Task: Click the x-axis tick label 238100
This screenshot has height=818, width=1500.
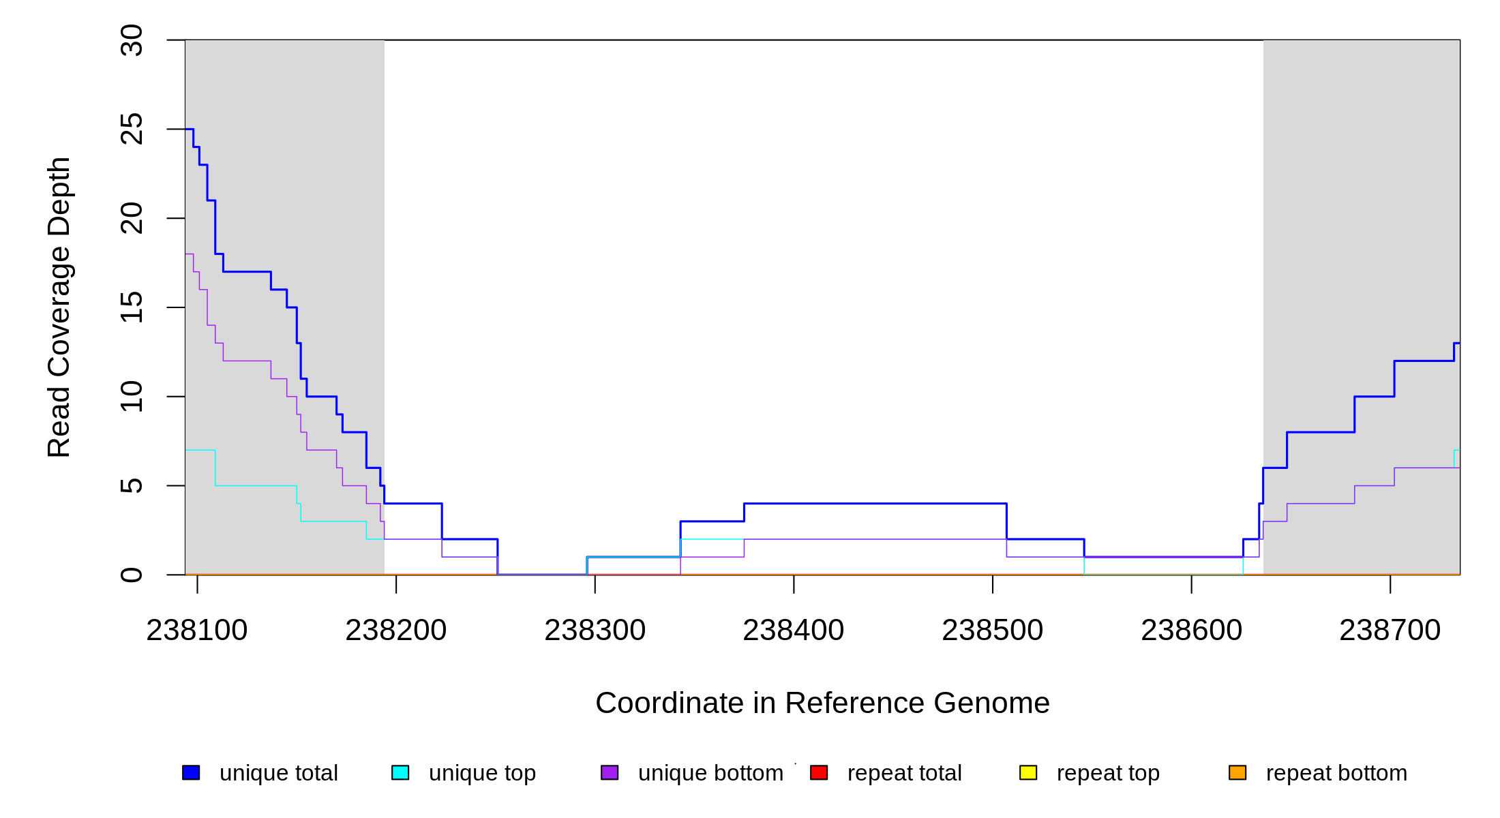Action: pyautogui.click(x=197, y=631)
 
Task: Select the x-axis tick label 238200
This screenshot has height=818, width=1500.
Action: pyautogui.click(x=396, y=631)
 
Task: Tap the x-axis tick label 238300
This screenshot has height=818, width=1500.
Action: pyautogui.click(x=595, y=631)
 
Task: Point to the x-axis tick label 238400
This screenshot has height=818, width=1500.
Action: pyautogui.click(x=794, y=631)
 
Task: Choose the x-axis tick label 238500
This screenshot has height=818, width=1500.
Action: pyautogui.click(x=993, y=631)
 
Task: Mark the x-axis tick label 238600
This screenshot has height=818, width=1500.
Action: pyautogui.click(x=1192, y=631)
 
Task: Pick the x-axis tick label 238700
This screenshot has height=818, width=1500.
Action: pyautogui.click(x=1390, y=631)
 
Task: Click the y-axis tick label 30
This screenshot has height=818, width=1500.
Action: pyautogui.click(x=132, y=40)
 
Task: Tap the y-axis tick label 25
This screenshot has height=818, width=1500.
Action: pyautogui.click(x=132, y=130)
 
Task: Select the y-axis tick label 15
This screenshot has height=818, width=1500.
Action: pyautogui.click(x=132, y=307)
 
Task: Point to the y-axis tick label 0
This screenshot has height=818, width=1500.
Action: pyautogui.click(x=132, y=575)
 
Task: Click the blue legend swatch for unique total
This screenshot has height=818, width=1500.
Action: pyautogui.click(x=191, y=772)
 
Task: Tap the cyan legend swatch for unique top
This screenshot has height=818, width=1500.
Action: pyautogui.click(x=400, y=772)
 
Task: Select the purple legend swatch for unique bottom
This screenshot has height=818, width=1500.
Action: pyautogui.click(x=610, y=772)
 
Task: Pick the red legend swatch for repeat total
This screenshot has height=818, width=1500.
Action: pyautogui.click(x=819, y=772)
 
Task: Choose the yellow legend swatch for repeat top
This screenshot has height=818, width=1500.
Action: pyautogui.click(x=1028, y=772)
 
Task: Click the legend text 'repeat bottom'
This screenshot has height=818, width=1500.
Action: pyautogui.click(x=1336, y=773)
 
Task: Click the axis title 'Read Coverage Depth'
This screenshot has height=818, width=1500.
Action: pyautogui.click(x=59, y=307)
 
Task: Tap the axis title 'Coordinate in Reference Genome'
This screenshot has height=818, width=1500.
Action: pyautogui.click(x=822, y=703)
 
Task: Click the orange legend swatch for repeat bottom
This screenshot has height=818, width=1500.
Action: pyautogui.click(x=1237, y=772)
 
